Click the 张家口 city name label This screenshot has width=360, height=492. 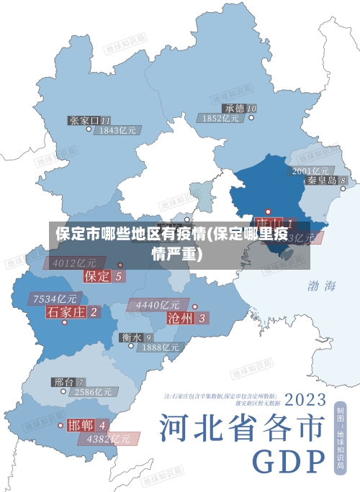(x=84, y=120)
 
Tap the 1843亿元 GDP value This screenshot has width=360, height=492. (x=119, y=131)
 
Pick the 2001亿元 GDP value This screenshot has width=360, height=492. (x=311, y=170)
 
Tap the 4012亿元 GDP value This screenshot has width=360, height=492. (x=74, y=263)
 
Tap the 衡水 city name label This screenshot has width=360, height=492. (x=132, y=337)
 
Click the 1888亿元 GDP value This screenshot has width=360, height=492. (x=160, y=347)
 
